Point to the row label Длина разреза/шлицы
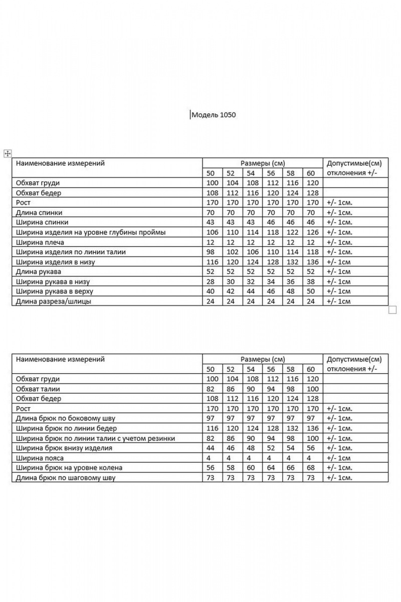click(54, 301)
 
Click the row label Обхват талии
click(38, 389)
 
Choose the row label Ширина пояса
click(40, 458)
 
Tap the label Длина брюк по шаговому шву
click(66, 478)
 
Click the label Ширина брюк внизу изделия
click(64, 448)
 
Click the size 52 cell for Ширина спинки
click(232, 222)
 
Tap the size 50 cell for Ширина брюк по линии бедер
click(213, 428)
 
